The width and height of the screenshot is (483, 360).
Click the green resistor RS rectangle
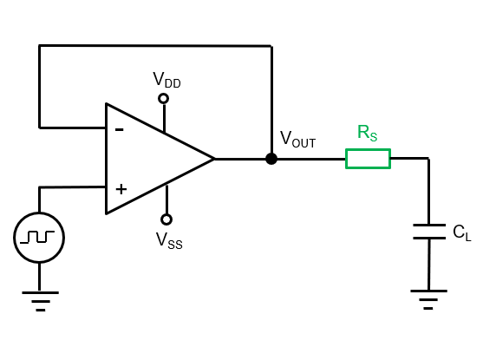coord(368,159)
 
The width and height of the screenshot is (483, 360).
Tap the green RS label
coord(368,134)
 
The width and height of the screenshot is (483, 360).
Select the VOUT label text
coord(297,140)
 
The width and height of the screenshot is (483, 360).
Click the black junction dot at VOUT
coord(271,159)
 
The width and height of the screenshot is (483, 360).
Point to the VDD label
coord(166,81)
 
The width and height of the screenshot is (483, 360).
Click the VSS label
coord(169,240)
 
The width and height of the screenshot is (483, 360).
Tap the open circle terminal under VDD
coord(163,98)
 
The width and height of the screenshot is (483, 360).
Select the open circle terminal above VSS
coord(166,219)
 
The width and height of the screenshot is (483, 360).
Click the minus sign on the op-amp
coord(119,130)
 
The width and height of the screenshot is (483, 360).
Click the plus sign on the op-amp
coord(121,188)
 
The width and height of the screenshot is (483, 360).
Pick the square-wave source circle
coord(39,237)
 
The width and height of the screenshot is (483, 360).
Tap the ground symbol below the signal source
coord(39,300)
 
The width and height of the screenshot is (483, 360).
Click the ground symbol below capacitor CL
coord(428,299)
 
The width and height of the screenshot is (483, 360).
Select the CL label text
coord(461,232)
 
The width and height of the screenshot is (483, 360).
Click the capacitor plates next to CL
coord(428,232)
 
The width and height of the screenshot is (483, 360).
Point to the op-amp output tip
coord(213,159)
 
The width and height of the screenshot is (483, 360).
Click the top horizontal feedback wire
coord(156,46)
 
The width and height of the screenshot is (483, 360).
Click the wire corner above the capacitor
coord(428,159)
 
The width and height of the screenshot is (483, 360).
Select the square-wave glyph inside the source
coord(39,237)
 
